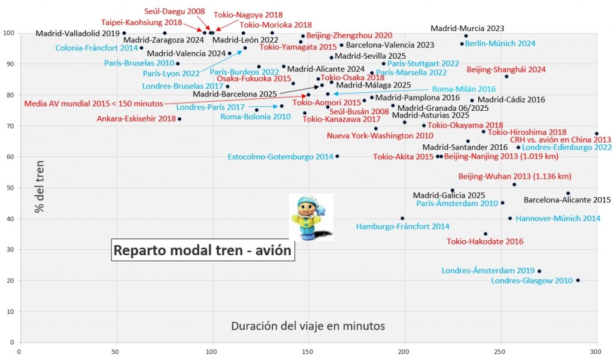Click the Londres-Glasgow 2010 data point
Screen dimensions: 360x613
pyautogui.click(x=578, y=280)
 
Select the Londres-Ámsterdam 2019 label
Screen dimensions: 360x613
pyautogui.click(x=488, y=271)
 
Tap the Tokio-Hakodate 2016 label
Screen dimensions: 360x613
pyautogui.click(x=485, y=242)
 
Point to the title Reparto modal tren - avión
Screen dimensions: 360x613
pyautogui.click(x=203, y=250)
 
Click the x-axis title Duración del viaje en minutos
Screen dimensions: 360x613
pyautogui.click(x=308, y=326)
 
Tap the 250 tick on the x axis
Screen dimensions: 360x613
pyautogui.click(x=500, y=352)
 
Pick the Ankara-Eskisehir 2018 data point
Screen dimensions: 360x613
pyautogui.click(x=179, y=119)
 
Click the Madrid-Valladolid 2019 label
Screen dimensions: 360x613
pyautogui.click(x=77, y=34)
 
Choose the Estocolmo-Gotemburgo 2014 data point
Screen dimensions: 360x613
pyautogui.click(x=337, y=156)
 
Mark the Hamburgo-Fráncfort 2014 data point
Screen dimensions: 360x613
pyautogui.click(x=402, y=219)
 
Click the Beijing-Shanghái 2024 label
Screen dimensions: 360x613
pyautogui.click(x=506, y=69)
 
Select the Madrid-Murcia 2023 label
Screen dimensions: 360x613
pyautogui.click(x=468, y=28)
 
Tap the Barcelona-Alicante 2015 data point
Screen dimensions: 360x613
pyautogui.click(x=568, y=193)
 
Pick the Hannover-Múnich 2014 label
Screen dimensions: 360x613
pyautogui.click(x=558, y=219)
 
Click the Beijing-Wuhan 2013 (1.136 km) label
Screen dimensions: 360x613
pyautogui.click(x=515, y=177)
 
